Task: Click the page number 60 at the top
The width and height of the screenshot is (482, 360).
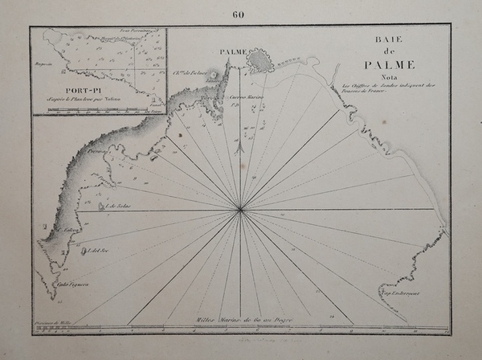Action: [239, 12]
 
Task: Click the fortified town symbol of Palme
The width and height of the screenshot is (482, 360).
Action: [259, 59]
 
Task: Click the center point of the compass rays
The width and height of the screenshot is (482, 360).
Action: [241, 211]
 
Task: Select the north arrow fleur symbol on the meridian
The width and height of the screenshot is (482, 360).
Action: [241, 147]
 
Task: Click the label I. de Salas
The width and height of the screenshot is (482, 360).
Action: [117, 206]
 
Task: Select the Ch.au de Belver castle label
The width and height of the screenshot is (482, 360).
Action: [190, 72]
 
